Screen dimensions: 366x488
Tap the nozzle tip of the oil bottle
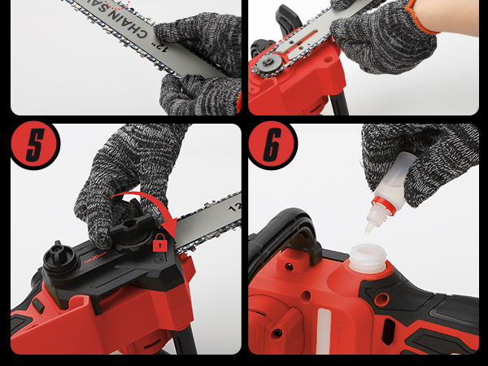tap(368, 230)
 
